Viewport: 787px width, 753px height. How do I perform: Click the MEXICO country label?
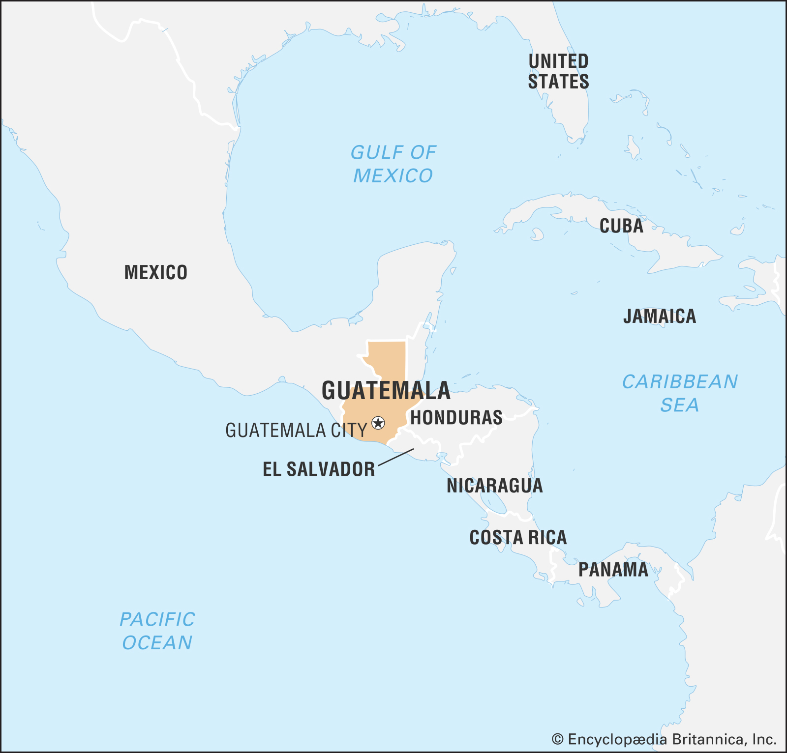(x=156, y=272)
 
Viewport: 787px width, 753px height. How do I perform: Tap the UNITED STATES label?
(x=558, y=71)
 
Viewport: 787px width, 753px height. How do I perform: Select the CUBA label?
(x=621, y=226)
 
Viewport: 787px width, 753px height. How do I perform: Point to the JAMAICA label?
(x=660, y=316)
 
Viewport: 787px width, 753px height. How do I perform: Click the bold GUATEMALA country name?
(x=386, y=391)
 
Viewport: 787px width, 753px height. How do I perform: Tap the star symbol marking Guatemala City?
(x=378, y=422)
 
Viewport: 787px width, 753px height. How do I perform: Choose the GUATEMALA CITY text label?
(x=296, y=431)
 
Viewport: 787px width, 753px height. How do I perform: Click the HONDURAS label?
(x=456, y=418)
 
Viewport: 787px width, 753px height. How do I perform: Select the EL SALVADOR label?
(x=319, y=469)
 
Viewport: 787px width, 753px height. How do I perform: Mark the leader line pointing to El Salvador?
(x=396, y=457)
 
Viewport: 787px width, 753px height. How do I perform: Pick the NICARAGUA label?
(x=494, y=486)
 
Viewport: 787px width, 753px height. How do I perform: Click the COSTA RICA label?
(x=518, y=538)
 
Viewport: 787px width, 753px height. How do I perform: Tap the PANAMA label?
(x=613, y=570)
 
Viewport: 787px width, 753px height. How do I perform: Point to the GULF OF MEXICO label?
(x=393, y=164)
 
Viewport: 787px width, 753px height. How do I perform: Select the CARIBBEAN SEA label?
(x=680, y=393)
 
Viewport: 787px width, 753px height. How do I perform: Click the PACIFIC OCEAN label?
(x=157, y=631)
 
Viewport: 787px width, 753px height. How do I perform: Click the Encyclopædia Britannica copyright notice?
(x=664, y=739)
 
